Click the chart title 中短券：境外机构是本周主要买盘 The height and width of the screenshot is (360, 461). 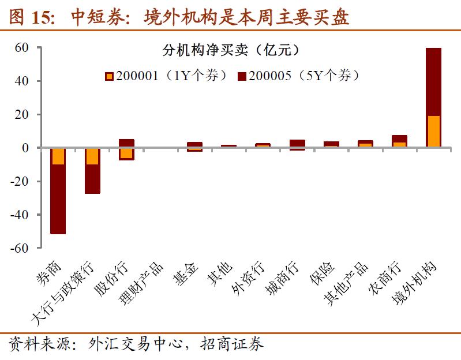point(179,17)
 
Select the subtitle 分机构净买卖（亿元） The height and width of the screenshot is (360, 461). point(230,50)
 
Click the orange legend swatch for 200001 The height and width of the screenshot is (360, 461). point(109,76)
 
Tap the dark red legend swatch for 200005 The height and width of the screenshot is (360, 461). point(242,76)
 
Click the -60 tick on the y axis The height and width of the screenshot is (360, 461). point(18,248)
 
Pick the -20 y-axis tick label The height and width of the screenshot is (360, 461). point(18,181)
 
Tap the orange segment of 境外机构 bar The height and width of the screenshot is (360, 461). point(433,132)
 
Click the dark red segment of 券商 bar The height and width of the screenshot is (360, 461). point(58,199)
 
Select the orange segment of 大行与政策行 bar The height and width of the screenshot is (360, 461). point(92,156)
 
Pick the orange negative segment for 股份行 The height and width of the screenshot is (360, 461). point(126,153)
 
